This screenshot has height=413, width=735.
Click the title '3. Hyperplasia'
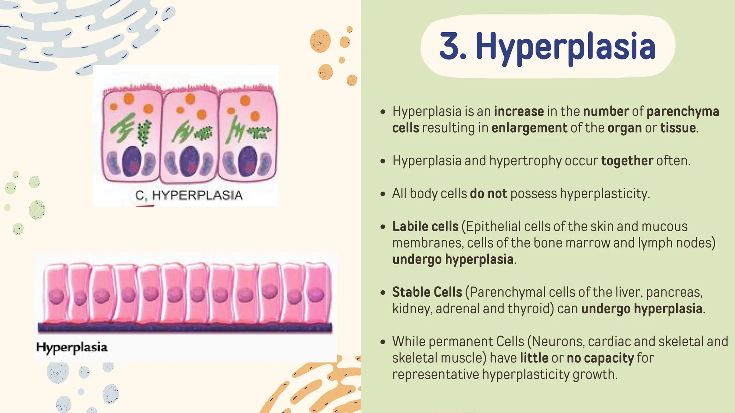(547, 47)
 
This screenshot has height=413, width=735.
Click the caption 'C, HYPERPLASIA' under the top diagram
(189, 195)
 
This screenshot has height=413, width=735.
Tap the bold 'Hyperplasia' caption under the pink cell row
(72, 347)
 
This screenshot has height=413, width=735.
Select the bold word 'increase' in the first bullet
(519, 111)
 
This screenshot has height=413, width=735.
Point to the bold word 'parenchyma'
(683, 111)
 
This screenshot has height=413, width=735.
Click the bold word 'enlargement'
(529, 128)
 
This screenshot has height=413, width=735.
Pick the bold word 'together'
(627, 161)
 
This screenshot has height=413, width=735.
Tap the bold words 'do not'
(488, 194)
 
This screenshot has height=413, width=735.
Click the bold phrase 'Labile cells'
(425, 227)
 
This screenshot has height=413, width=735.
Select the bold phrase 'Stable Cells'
(427, 292)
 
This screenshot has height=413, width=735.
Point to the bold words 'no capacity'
(600, 358)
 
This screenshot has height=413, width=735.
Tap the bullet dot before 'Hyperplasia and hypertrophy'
(383, 161)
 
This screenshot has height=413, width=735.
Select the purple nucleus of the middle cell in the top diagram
(189, 162)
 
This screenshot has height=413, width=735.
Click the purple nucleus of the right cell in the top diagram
(247, 161)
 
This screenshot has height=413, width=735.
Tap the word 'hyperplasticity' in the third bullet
(605, 194)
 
